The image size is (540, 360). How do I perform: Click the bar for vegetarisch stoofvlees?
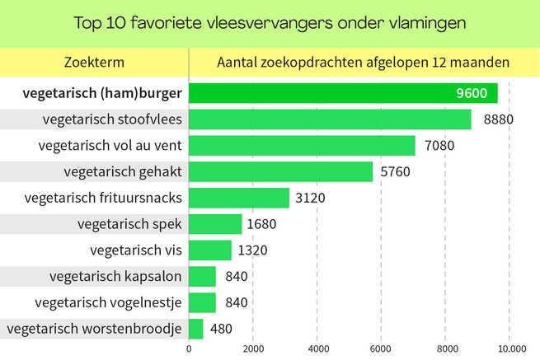[x=330, y=119]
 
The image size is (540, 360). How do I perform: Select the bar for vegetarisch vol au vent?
[x=302, y=146]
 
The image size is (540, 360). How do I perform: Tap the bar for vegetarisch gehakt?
[x=280, y=172]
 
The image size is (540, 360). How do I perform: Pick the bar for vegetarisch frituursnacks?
[x=239, y=198]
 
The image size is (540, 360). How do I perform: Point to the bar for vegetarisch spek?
[x=215, y=224]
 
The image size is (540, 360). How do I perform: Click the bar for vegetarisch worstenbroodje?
[x=196, y=329]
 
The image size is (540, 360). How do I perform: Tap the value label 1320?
[x=252, y=250]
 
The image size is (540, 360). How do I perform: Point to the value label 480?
[x=220, y=329]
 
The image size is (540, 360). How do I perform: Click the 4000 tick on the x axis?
[x=317, y=349]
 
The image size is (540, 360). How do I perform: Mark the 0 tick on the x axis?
[x=190, y=349]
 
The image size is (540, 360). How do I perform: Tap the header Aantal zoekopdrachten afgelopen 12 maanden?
[x=363, y=62]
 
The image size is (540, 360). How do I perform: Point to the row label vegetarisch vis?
[x=136, y=250]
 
